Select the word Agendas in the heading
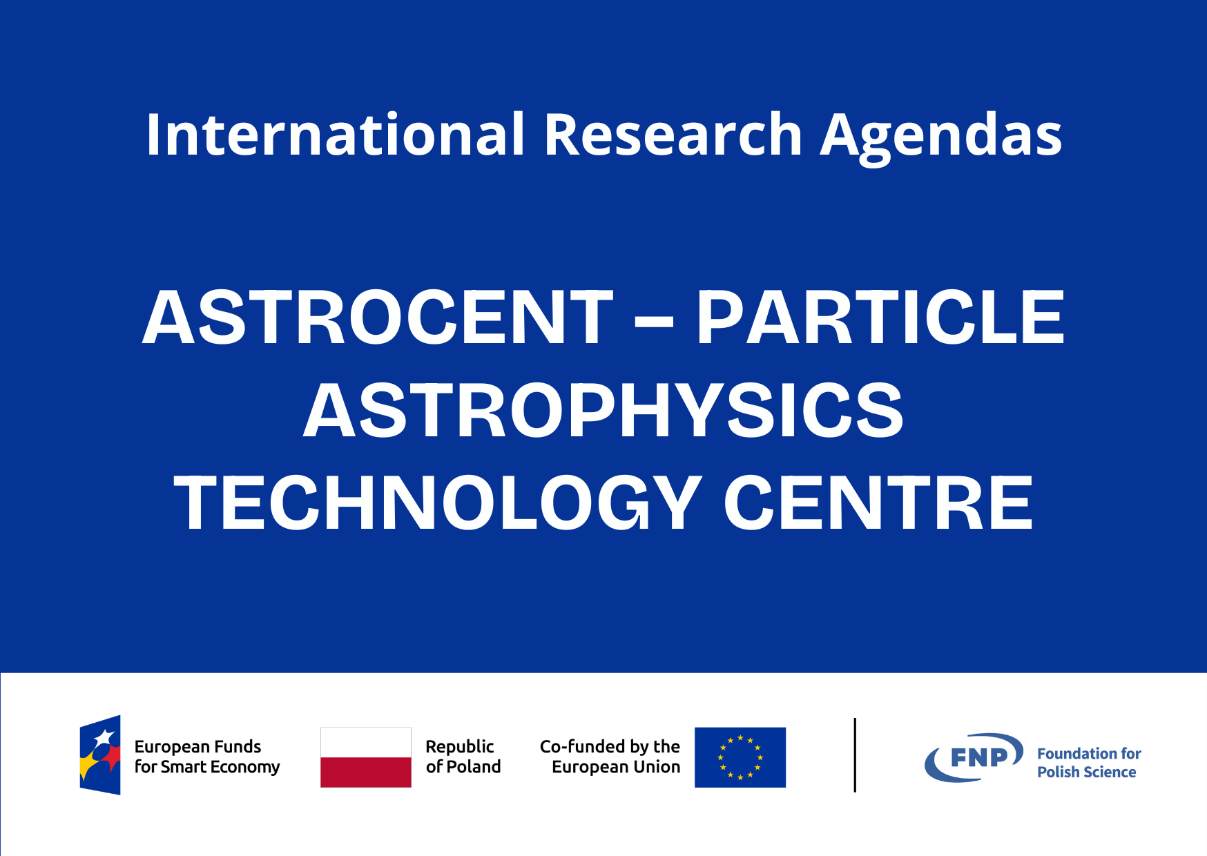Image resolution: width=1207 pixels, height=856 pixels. [941, 138]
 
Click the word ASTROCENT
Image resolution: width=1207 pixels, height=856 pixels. [378, 318]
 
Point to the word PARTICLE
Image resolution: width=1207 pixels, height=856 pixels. [880, 318]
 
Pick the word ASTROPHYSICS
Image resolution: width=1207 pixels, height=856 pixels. [603, 411]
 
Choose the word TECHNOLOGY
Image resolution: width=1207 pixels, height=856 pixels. [438, 503]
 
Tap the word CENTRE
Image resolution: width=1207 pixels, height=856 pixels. [878, 503]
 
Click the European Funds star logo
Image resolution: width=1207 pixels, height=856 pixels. [100, 755]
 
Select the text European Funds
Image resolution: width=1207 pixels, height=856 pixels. [197, 747]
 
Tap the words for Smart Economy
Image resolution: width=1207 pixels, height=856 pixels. [207, 768]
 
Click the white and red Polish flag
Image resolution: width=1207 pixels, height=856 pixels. [366, 757]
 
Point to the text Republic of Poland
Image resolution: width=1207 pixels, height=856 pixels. [463, 757]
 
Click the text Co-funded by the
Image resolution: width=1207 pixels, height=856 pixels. [610, 747]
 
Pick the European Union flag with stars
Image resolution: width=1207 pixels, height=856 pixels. [740, 757]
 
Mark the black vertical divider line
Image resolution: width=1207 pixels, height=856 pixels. [855, 755]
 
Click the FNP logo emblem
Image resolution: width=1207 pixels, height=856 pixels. [974, 757]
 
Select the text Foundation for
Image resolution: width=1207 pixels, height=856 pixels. [1089, 754]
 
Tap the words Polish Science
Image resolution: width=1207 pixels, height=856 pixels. [1086, 772]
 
